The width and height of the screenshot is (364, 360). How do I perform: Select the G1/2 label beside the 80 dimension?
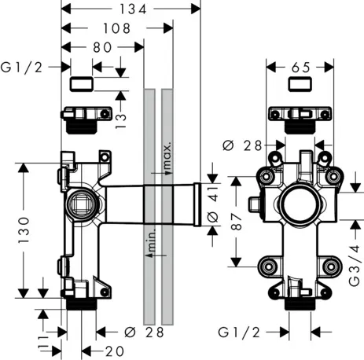click(x=22, y=68)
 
